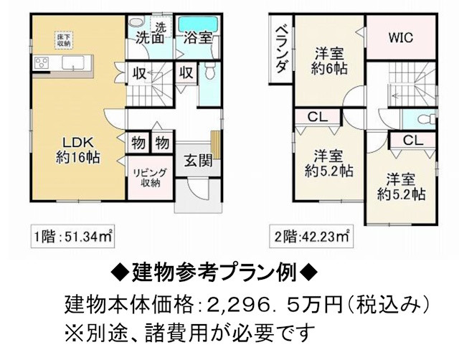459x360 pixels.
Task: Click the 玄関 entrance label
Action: [197, 161]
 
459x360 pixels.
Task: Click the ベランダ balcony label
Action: [281, 51]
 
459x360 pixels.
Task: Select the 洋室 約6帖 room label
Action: [330, 60]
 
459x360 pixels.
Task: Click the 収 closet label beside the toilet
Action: [186, 72]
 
